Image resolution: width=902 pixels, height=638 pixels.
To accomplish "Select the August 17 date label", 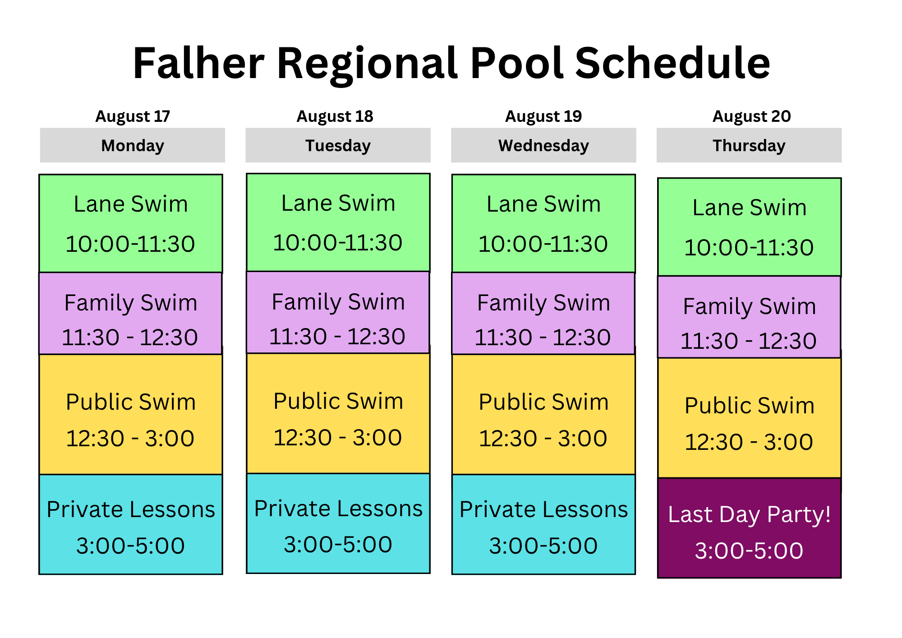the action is point(133,116).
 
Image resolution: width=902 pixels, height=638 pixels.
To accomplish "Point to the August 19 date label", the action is point(543,116).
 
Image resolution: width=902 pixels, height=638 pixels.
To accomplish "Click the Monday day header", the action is point(133,145).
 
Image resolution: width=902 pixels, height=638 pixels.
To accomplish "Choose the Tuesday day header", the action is point(338,145).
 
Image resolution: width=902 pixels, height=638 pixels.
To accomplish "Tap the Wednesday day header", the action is point(543,145).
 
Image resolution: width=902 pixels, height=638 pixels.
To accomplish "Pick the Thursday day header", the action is point(749,145).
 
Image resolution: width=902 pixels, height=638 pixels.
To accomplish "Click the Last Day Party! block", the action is point(749,528).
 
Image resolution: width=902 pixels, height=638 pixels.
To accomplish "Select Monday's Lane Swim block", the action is point(131,223).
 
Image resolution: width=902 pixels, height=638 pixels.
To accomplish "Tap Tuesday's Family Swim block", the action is point(338,312).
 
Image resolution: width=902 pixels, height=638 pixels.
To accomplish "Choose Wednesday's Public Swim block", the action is point(543,414).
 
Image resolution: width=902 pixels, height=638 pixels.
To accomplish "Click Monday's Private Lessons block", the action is point(131,524).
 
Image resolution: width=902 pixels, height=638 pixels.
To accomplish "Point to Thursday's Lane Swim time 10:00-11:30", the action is point(749,248).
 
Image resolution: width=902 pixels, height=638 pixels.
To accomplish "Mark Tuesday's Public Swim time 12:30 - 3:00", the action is point(338,438).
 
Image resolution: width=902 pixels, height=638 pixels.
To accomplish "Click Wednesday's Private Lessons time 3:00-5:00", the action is point(543,546).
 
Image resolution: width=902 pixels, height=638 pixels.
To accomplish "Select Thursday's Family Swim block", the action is point(749,317).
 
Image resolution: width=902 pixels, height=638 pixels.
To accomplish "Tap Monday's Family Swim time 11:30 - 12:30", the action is point(130,337).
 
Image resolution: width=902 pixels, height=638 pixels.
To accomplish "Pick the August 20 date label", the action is point(751,116).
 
